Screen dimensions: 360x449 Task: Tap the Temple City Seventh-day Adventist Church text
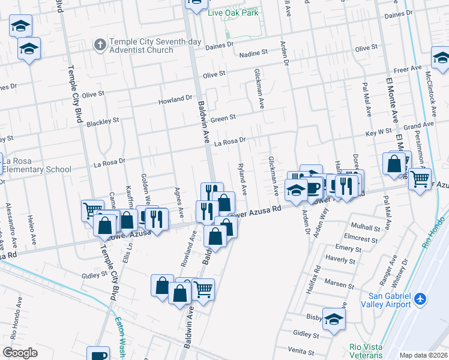[x=142, y=46]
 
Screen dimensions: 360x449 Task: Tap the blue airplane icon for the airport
[x=421, y=298]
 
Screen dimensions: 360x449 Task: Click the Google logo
[x=20, y=353]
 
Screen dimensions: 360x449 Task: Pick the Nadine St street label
[x=252, y=54]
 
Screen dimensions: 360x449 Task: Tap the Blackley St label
[x=103, y=122]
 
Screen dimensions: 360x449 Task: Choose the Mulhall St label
[x=366, y=229]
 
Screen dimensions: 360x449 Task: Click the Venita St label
[x=302, y=349]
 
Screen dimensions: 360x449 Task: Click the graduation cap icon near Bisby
[x=334, y=319]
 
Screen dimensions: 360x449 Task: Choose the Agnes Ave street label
[x=178, y=202]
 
